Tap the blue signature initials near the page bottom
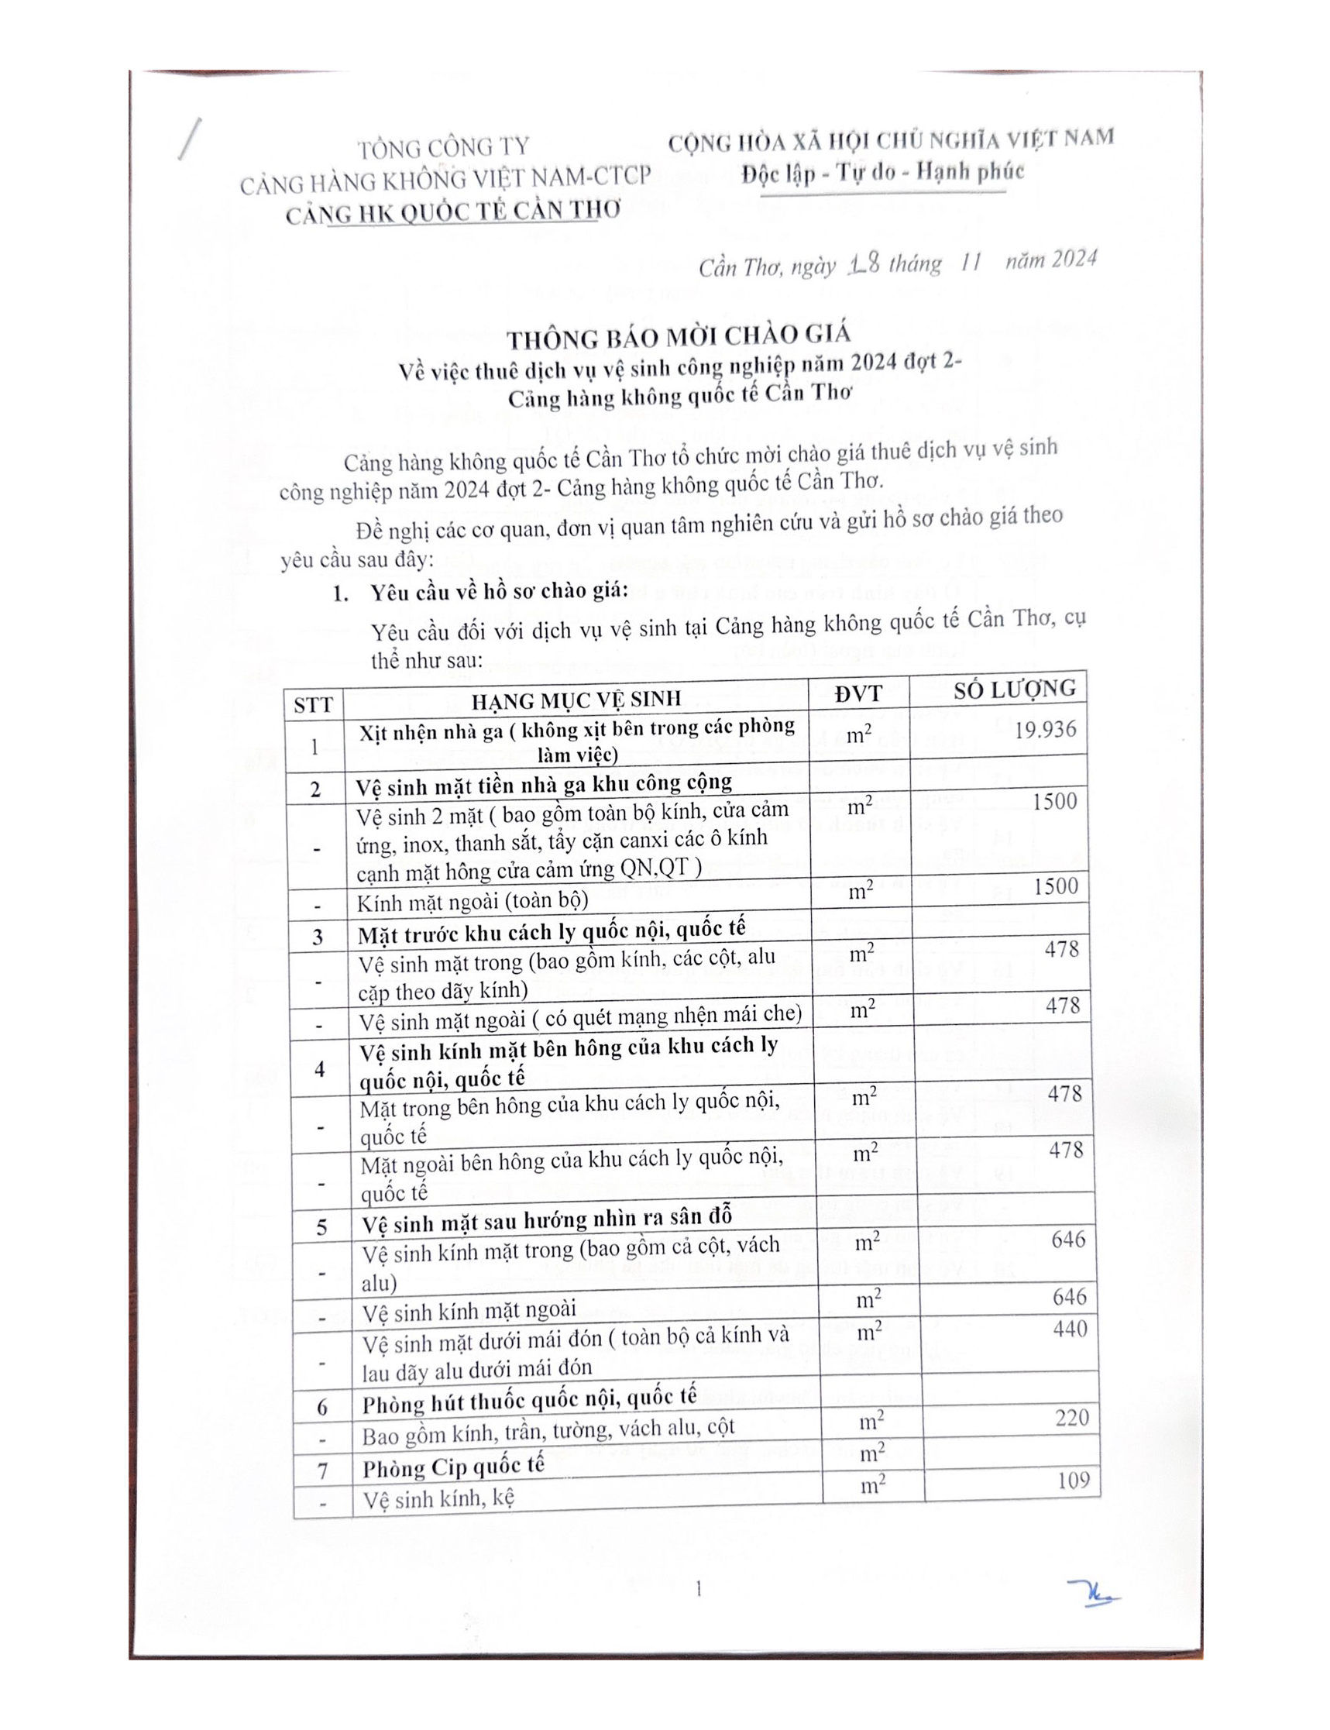click(x=1093, y=1592)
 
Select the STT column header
click(x=313, y=705)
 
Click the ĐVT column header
click(x=858, y=694)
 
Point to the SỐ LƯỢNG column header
click(x=1014, y=690)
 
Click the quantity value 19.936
click(x=1045, y=729)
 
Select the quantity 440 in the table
click(x=1070, y=1329)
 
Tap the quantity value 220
click(x=1072, y=1417)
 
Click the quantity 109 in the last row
click(x=1074, y=1480)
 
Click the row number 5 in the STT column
click(x=321, y=1227)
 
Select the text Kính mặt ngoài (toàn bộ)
click(x=473, y=902)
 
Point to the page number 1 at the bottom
click(x=698, y=1588)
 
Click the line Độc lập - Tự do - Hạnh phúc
click(x=883, y=172)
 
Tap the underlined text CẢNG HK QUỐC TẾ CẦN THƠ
click(x=453, y=212)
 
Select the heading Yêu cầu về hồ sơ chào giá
click(x=499, y=591)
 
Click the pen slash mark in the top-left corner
click(x=190, y=139)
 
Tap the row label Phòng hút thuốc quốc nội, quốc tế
click(x=529, y=1402)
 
